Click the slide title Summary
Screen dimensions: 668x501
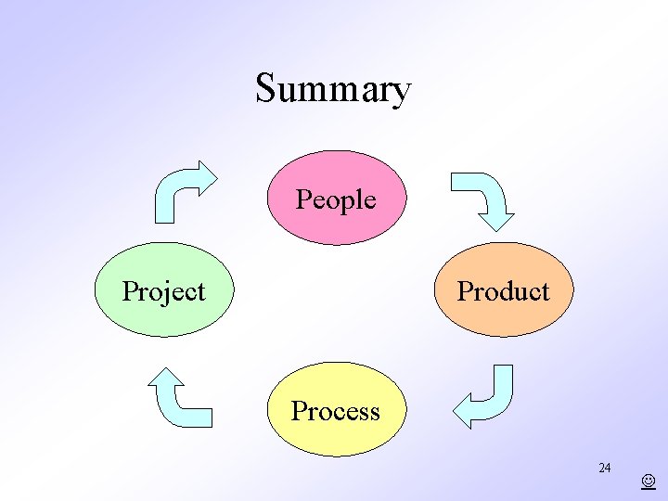333,90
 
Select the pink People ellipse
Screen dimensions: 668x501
337,223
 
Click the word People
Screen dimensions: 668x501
336,199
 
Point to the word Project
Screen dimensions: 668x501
164,291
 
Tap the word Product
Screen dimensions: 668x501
504,291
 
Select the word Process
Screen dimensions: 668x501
336,411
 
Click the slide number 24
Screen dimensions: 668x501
604,468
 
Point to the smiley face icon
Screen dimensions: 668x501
648,482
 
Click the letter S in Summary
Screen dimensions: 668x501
265,90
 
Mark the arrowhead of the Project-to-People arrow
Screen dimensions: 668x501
204,173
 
